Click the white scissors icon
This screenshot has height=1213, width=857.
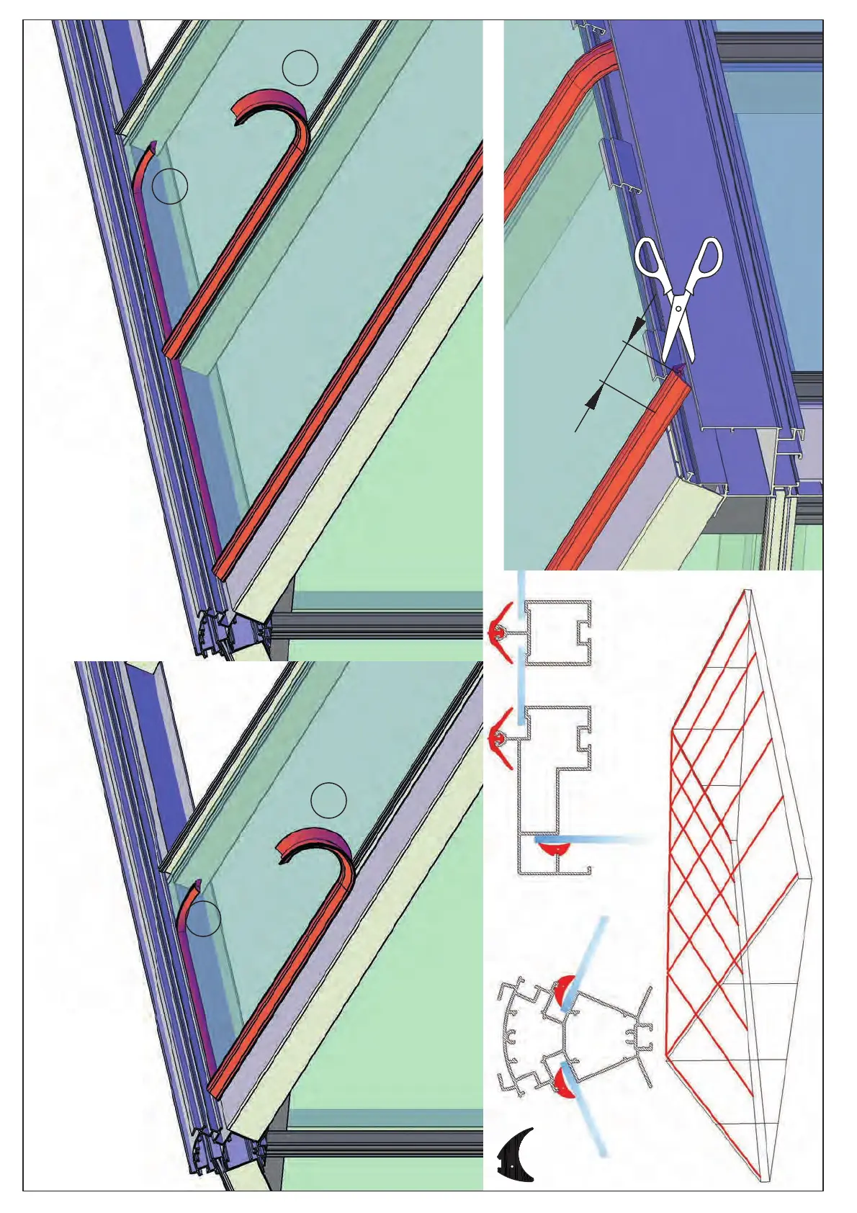tap(678, 295)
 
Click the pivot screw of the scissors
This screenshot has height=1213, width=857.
tap(679, 308)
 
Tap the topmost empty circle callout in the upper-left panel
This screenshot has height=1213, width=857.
tap(300, 68)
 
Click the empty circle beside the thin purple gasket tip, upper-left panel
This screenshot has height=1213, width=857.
tap(170, 186)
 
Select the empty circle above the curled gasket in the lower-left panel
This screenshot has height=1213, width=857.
tap(328, 800)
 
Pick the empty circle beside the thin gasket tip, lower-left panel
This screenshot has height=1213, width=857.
tap(202, 918)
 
